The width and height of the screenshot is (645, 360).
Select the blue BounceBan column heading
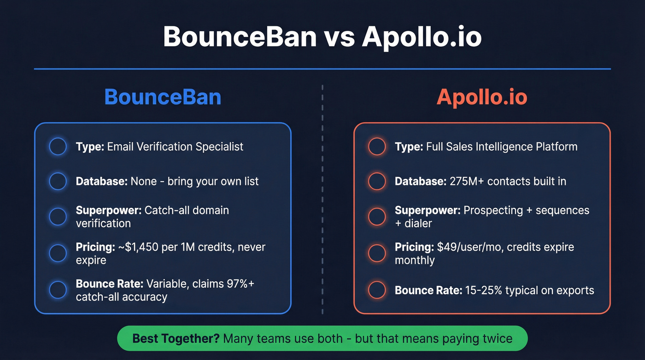point(163,97)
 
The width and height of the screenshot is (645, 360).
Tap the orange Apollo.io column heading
point(481,97)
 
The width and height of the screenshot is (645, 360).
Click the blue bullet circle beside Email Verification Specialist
point(58,147)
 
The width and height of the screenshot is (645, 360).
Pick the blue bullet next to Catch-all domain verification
point(58,216)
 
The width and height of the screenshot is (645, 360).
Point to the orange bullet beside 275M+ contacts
point(377,181)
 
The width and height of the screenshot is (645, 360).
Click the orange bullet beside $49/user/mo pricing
point(377,253)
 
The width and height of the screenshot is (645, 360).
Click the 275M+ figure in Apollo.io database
point(466,181)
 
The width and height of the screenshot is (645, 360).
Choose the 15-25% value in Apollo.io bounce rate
point(482,290)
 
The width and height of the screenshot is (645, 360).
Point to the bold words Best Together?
point(176,339)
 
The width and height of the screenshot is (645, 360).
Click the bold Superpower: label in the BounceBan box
point(108,210)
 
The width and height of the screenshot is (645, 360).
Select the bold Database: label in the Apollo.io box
point(420,181)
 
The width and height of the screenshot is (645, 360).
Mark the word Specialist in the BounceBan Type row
point(219,147)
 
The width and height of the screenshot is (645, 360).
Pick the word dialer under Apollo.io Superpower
point(418,223)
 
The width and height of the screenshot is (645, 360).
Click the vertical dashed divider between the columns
point(322,198)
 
